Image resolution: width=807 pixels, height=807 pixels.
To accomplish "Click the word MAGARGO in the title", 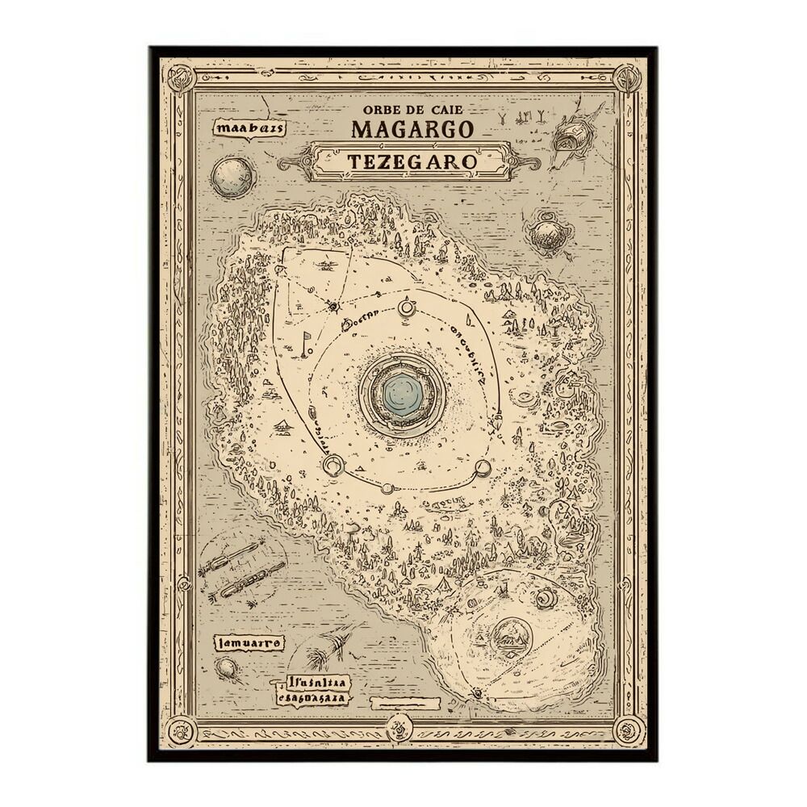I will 412,128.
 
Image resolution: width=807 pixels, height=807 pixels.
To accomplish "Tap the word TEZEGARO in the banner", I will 412,161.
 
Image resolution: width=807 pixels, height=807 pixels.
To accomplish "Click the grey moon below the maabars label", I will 233,178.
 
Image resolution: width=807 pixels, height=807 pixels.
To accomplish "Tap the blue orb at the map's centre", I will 402,395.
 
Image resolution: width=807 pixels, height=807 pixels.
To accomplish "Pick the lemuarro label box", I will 249,643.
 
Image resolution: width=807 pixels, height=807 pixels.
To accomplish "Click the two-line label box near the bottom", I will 312,689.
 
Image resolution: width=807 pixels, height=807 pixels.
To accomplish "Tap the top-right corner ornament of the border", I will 626,78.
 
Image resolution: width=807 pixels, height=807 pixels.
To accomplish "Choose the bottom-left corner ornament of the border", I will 180,730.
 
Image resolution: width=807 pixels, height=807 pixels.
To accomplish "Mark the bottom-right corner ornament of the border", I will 627,730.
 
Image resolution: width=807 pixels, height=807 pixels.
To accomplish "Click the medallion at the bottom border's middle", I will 398,730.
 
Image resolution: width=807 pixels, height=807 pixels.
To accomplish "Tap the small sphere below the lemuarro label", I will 228,668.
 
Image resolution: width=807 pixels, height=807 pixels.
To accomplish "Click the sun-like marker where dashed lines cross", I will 333,307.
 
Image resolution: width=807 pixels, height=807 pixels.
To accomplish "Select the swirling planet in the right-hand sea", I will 549,234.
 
